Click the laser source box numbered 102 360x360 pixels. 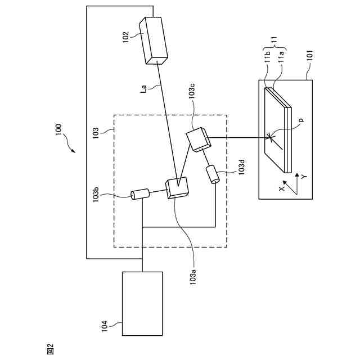(x=154, y=39)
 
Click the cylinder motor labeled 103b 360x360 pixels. (x=139, y=194)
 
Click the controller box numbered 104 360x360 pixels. (x=142, y=304)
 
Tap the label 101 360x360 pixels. (x=310, y=59)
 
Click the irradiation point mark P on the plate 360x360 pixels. (x=271, y=136)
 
